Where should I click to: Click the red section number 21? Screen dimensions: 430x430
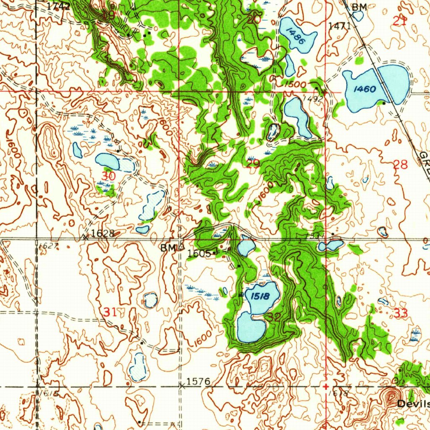(399, 22)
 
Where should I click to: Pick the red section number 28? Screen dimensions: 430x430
(401, 165)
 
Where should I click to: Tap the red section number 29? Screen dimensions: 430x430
(253, 164)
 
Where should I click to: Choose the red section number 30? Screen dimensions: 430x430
(108, 176)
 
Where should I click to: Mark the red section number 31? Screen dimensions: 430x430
(110, 312)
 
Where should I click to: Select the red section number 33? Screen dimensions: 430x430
(401, 313)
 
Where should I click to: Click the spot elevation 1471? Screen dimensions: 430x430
(339, 26)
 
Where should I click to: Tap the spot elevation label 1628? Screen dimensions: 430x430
(102, 233)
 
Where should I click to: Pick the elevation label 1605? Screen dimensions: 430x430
(199, 253)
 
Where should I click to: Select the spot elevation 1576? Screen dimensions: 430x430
(198, 381)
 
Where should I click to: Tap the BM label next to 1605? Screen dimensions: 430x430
(168, 248)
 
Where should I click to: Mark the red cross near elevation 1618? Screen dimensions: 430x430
(326, 385)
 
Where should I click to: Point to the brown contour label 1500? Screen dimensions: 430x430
(295, 84)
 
